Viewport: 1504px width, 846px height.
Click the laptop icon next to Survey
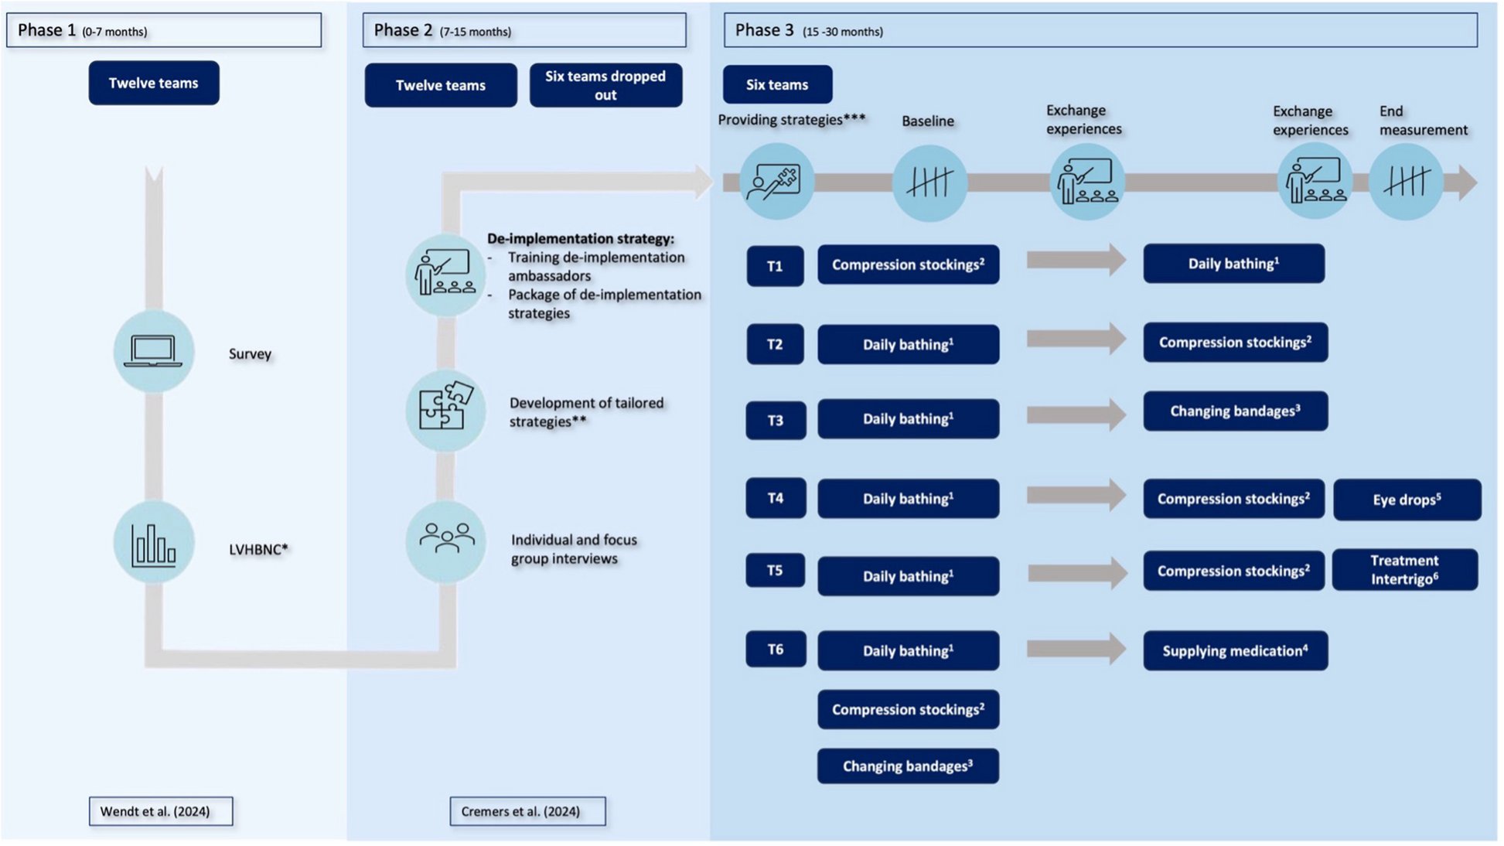(153, 352)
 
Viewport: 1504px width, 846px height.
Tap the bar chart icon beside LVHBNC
(153, 544)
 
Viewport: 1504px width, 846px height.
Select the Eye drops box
(1407, 500)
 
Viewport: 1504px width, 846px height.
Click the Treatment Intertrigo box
(1404, 570)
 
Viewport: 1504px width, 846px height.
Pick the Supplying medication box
(1235, 651)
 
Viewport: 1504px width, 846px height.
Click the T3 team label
(775, 420)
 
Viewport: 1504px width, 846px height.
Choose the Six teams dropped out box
(605, 85)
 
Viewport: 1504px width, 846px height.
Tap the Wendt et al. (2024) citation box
(160, 811)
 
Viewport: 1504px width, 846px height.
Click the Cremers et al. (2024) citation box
(527, 811)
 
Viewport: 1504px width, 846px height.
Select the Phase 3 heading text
(764, 30)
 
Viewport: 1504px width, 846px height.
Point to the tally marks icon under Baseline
(929, 183)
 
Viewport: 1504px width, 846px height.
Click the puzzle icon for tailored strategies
(445, 408)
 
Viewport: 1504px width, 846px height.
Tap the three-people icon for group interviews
(446, 539)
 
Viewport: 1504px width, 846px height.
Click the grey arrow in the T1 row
(1076, 260)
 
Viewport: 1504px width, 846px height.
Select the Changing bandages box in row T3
(1235, 411)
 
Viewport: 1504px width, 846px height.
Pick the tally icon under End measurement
(1406, 183)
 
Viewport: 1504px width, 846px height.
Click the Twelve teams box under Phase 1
(153, 83)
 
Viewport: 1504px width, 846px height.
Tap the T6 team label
(775, 650)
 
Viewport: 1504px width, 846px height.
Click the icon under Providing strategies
(776, 182)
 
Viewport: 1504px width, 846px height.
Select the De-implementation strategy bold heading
(580, 239)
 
